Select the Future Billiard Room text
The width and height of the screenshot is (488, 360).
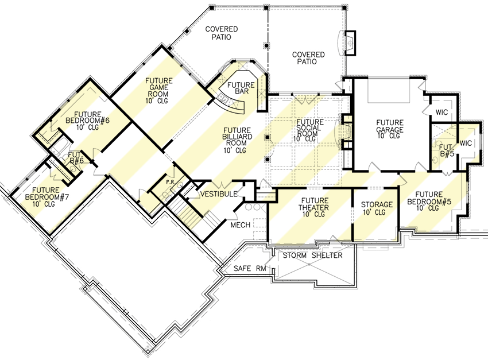[235, 140]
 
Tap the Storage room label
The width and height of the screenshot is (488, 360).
[377, 208]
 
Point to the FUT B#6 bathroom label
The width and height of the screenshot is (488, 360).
[76, 158]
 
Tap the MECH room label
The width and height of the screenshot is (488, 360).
[240, 225]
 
